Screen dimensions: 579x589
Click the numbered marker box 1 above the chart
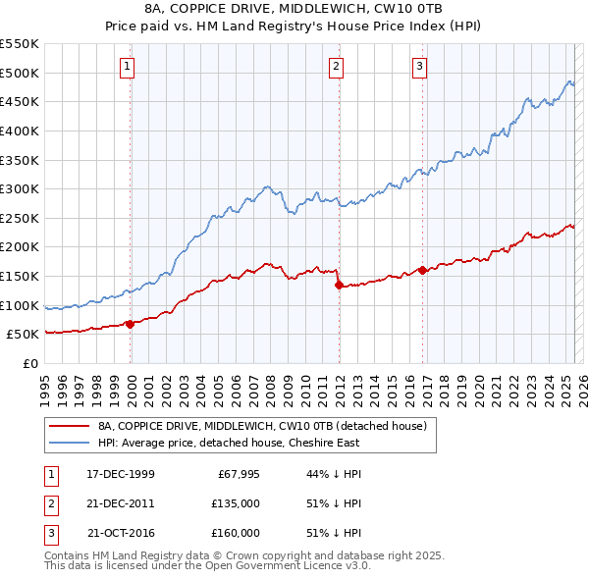(x=130, y=67)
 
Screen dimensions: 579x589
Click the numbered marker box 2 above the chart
(x=337, y=67)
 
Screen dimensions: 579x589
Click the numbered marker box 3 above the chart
(x=419, y=67)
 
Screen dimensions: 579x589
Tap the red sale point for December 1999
(x=131, y=324)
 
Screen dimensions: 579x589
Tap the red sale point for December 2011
(x=339, y=286)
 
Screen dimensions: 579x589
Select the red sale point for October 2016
(x=422, y=270)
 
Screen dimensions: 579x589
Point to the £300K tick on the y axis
(x=20, y=188)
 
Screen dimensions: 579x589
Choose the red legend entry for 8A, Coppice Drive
(x=262, y=427)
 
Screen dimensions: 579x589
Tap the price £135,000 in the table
(x=236, y=503)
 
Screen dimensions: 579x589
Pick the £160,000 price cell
(x=236, y=533)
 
